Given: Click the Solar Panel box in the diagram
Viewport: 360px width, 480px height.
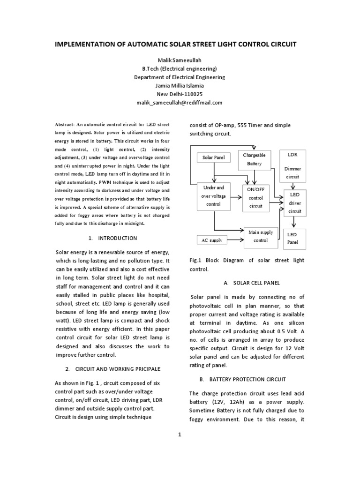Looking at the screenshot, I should [x=213, y=157].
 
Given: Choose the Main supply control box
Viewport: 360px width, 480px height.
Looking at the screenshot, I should [x=261, y=237].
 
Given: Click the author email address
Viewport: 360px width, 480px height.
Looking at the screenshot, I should [x=179, y=103].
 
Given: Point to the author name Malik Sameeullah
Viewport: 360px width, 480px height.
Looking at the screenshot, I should [x=179, y=60].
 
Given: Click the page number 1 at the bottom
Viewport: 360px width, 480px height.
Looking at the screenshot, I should [x=179, y=435].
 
